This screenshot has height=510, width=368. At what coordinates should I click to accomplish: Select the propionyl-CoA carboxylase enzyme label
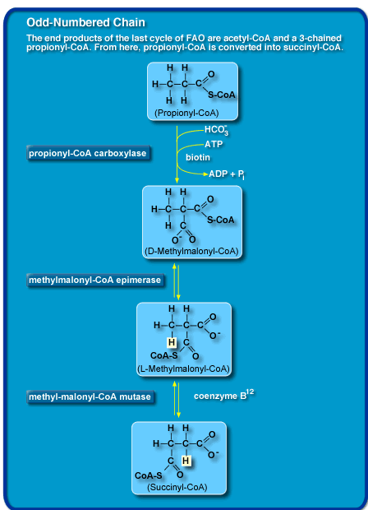[x=88, y=153]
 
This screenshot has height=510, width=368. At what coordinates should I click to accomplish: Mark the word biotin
[x=197, y=156]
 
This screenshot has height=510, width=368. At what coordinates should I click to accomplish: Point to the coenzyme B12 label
[x=223, y=396]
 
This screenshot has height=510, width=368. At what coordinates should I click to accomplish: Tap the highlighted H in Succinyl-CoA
[x=186, y=461]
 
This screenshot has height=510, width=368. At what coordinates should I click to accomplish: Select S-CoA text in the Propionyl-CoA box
[x=221, y=95]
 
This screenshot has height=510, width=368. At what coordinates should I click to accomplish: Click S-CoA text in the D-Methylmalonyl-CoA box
[x=221, y=220]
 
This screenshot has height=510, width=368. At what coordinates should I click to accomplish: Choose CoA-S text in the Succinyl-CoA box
[x=150, y=475]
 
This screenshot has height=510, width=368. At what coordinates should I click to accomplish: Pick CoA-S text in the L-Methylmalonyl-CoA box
[x=165, y=355]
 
